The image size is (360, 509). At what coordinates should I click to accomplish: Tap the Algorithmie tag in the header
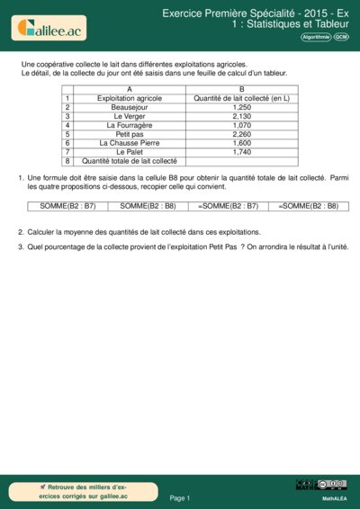tap(315, 37)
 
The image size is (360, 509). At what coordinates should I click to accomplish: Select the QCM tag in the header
tap(341, 37)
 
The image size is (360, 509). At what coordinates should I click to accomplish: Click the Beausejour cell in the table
tap(130, 107)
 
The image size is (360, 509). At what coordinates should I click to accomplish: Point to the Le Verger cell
tap(130, 116)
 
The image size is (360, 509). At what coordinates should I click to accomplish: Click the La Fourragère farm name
tap(130, 125)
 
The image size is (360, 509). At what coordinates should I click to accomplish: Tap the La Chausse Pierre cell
tap(130, 143)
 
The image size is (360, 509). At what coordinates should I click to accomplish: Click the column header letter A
tap(130, 89)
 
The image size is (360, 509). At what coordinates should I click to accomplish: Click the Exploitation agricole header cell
tap(130, 98)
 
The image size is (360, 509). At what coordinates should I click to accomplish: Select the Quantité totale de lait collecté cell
tap(130, 161)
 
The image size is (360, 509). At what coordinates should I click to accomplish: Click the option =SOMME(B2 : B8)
tap(308, 206)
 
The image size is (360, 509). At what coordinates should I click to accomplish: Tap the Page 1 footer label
tap(180, 497)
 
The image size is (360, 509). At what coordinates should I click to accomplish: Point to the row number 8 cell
tap(67, 161)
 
